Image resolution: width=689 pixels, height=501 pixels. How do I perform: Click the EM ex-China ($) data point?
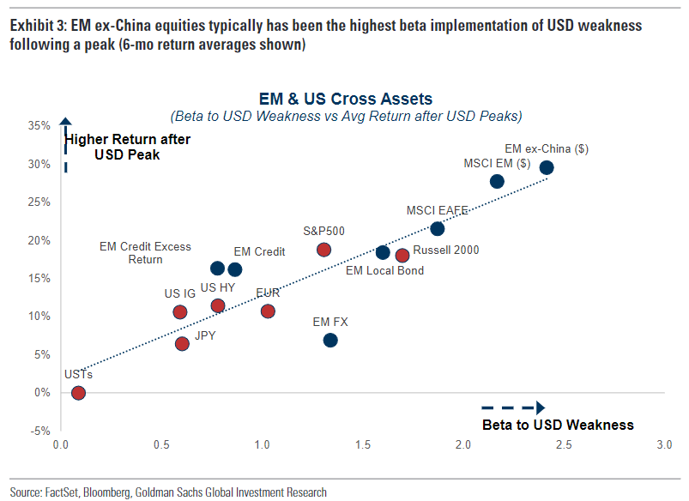click(x=547, y=167)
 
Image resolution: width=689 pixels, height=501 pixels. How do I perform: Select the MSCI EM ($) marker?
click(x=497, y=181)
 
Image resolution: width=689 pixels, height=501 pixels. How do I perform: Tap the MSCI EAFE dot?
click(x=437, y=228)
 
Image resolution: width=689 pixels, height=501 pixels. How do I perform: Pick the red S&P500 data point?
click(x=323, y=250)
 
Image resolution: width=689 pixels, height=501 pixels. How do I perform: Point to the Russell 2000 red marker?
click(x=402, y=255)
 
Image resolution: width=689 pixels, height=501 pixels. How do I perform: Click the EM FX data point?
click(x=330, y=341)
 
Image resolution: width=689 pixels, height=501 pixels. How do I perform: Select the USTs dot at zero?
click(x=78, y=393)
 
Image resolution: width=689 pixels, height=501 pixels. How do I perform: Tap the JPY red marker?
click(x=182, y=344)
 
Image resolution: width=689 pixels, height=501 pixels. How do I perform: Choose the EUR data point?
click(x=268, y=311)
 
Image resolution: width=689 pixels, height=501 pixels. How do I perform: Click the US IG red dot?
click(x=180, y=312)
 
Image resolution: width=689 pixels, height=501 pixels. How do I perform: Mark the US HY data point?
click(x=218, y=305)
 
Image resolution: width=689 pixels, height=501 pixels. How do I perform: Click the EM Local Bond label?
click(x=384, y=271)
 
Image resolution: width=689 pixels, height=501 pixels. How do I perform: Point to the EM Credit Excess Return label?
click(x=145, y=252)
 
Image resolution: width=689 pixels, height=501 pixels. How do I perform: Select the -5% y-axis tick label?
click(x=40, y=431)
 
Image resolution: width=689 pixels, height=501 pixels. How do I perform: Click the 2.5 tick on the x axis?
click(x=564, y=446)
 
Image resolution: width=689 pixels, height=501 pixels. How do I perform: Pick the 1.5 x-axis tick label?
click(x=363, y=446)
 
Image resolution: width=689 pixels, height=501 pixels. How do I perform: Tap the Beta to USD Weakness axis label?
click(x=558, y=425)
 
